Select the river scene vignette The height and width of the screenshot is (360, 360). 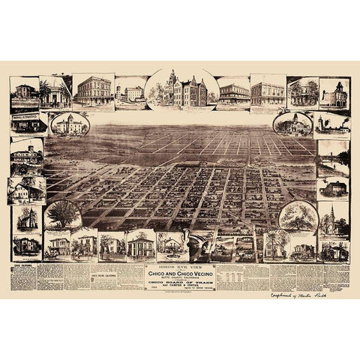coord(332,157)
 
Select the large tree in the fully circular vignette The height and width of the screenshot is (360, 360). coord(298,217)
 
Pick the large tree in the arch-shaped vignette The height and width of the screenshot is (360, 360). coord(63,214)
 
